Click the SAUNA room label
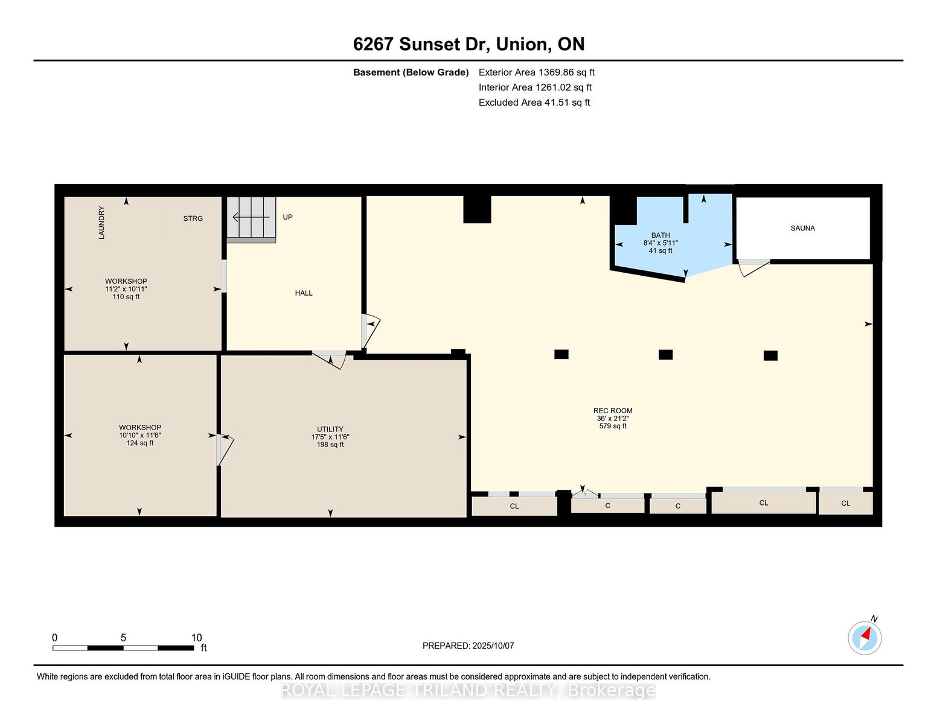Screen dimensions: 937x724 pos(802,228)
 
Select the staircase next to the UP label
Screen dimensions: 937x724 pos(251,219)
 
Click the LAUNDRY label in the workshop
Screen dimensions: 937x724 pos(101,222)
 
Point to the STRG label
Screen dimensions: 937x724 pos(193,218)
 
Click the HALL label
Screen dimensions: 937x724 pos(304,293)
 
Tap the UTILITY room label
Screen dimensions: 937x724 pos(330,429)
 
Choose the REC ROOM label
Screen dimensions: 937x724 pos(613,410)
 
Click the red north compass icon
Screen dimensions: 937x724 pos(865,638)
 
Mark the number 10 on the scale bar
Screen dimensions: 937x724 pos(197,638)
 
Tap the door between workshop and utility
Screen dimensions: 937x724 pos(224,449)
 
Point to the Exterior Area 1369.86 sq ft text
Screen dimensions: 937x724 pos(536,72)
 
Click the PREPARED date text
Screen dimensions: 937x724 pos(468,646)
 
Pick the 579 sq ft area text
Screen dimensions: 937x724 pos(613,426)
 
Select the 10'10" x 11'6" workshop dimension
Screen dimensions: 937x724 pos(140,435)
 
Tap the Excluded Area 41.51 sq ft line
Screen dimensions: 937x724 pos(534,103)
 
